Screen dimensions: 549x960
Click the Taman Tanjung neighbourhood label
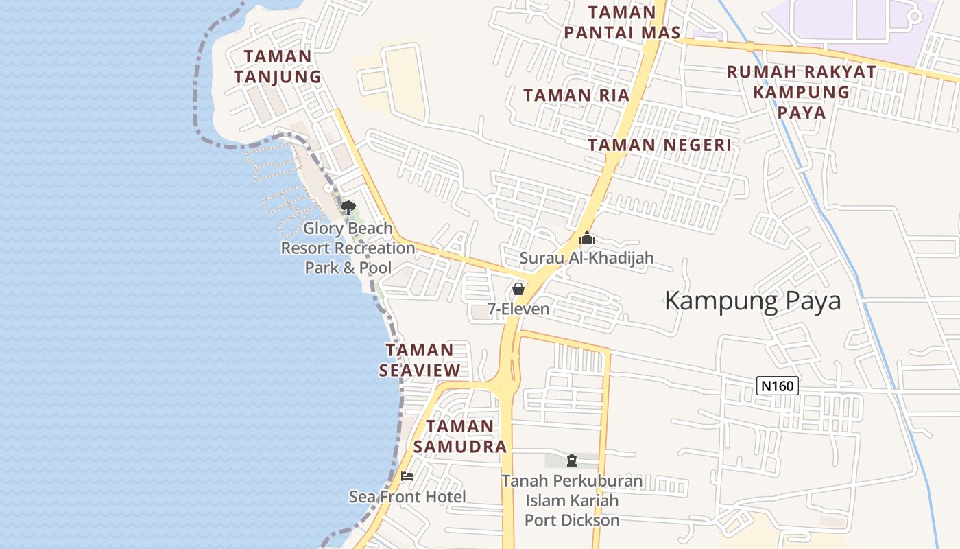(x=277, y=67)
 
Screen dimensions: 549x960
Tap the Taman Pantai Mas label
(x=622, y=22)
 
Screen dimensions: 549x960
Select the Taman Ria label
(x=576, y=95)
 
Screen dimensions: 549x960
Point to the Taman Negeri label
(x=659, y=145)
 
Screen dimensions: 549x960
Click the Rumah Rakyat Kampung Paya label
(x=802, y=92)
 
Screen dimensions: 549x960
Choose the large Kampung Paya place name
(x=752, y=301)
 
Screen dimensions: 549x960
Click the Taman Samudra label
(x=460, y=436)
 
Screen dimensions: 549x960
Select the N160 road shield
(x=778, y=386)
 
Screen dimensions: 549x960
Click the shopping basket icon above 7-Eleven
(x=518, y=289)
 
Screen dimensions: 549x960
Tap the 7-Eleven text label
(x=518, y=309)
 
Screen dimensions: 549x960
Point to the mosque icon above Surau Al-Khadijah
(x=586, y=238)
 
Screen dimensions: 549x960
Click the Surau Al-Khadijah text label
(x=586, y=258)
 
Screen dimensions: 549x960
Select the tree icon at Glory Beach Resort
(x=348, y=207)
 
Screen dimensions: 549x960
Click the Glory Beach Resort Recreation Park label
(x=348, y=248)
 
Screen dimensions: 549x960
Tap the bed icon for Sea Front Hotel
(x=407, y=476)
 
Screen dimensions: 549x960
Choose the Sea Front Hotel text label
(x=407, y=497)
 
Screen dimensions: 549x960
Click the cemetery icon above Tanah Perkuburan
(x=572, y=460)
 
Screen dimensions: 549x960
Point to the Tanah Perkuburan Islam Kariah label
(x=572, y=500)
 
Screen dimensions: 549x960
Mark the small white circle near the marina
(x=328, y=188)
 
